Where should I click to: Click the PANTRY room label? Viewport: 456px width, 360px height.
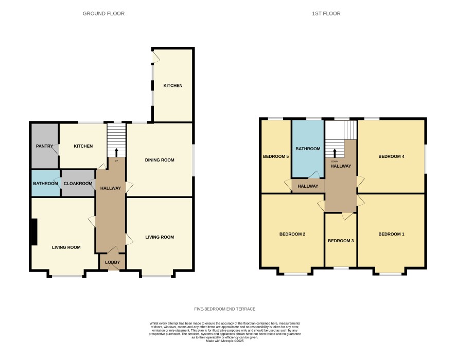(x=44, y=146)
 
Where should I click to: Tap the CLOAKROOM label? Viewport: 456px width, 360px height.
(x=78, y=183)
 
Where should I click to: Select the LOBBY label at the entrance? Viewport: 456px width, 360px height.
(x=113, y=262)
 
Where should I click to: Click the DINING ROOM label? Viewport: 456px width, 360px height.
(x=160, y=160)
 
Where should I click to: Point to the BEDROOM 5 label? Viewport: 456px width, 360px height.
(x=276, y=156)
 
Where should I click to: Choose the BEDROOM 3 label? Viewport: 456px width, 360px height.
(x=341, y=241)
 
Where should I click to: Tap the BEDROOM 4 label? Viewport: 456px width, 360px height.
(x=392, y=156)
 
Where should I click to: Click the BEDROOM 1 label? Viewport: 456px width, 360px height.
(x=392, y=234)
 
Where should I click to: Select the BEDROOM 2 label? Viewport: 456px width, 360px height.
(x=292, y=234)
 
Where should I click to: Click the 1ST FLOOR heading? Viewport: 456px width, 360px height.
(x=326, y=13)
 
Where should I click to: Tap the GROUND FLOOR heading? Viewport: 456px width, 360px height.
(x=103, y=13)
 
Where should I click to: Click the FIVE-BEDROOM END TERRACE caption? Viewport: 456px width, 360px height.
(x=225, y=309)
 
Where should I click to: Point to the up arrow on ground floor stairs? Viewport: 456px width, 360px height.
(x=117, y=153)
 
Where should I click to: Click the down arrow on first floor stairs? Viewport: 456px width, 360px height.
(x=335, y=153)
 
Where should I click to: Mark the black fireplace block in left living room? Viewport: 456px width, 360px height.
(x=34, y=232)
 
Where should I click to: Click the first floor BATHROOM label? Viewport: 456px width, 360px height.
(x=308, y=149)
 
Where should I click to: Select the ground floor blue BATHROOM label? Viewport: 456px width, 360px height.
(x=45, y=183)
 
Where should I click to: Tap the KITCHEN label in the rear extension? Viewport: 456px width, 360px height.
(x=173, y=85)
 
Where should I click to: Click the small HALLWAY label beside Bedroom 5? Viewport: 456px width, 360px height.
(x=308, y=186)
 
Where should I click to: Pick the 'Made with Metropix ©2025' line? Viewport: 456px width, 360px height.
(x=225, y=341)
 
